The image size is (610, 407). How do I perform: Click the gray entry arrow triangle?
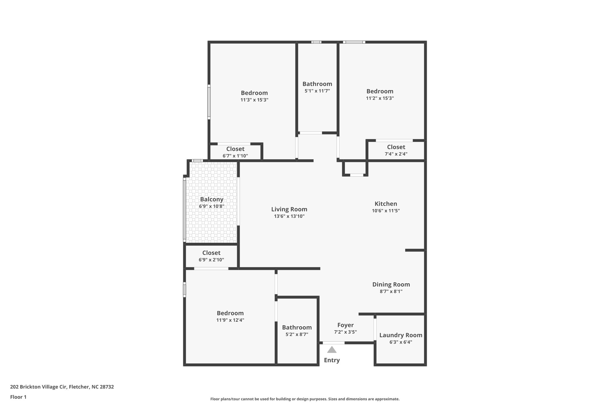pyautogui.click(x=332, y=350)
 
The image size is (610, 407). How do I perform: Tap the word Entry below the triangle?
pyautogui.click(x=332, y=360)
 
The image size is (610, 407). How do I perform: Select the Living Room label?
pyautogui.click(x=289, y=209)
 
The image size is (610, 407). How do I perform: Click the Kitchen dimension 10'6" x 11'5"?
pyautogui.click(x=386, y=211)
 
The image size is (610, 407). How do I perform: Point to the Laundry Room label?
pyautogui.click(x=401, y=335)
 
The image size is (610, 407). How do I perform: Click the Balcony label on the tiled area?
pyautogui.click(x=211, y=199)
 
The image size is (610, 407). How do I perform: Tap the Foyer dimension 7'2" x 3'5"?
pyautogui.click(x=345, y=332)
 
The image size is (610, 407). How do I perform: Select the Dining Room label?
pyautogui.click(x=391, y=284)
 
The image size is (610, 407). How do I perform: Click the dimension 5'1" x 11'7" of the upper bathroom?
pyautogui.click(x=317, y=91)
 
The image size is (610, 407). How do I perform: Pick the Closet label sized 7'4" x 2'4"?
pyautogui.click(x=396, y=147)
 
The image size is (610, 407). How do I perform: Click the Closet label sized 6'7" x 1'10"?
pyautogui.click(x=235, y=149)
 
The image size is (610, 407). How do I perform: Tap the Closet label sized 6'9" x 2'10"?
pyautogui.click(x=211, y=253)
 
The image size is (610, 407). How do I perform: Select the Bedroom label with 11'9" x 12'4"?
pyautogui.click(x=230, y=313)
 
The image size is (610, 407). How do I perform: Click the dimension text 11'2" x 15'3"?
pyautogui.click(x=380, y=98)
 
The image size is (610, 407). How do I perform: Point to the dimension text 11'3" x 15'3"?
pyautogui.click(x=254, y=100)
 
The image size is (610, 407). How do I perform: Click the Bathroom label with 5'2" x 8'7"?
pyautogui.click(x=297, y=327)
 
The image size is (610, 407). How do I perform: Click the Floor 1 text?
pyautogui.click(x=18, y=397)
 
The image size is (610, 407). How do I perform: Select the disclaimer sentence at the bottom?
pyautogui.click(x=305, y=399)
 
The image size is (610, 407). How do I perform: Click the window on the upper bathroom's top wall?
pyautogui.click(x=316, y=42)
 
